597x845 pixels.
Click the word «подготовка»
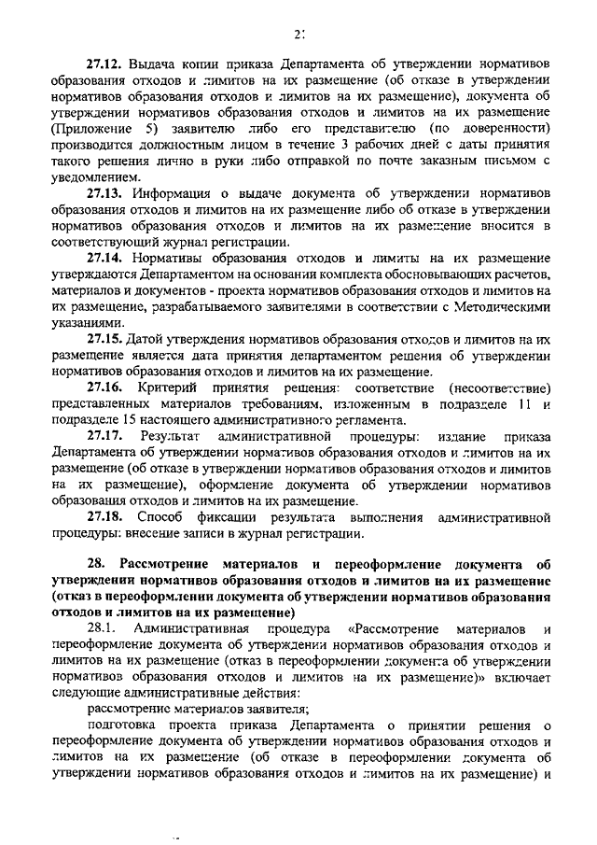pyautogui.click(x=124, y=725)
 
